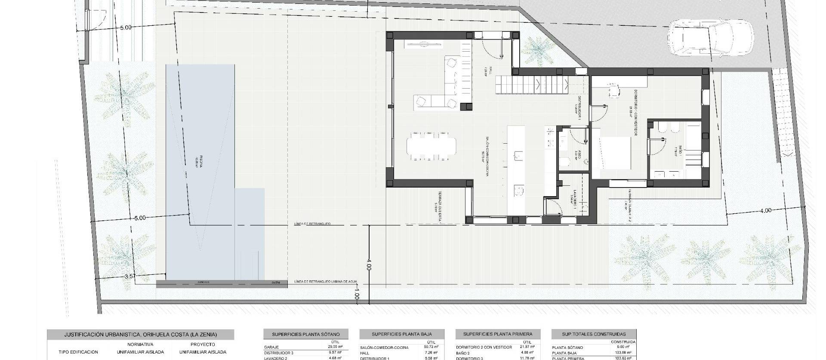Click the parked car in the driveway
(710, 38)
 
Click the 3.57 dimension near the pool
(130, 277)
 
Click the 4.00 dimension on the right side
(766, 211)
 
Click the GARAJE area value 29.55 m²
(333, 347)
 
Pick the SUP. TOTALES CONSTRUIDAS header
(594, 334)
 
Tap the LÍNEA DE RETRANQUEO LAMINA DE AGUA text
(326, 282)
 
